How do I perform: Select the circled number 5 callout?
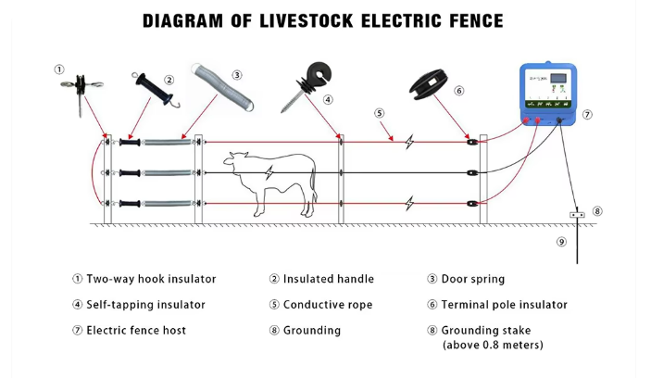pyautogui.click(x=380, y=113)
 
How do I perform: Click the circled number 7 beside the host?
pyautogui.click(x=587, y=115)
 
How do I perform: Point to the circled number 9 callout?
pyautogui.click(x=561, y=242)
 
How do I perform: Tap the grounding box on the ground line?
pyautogui.click(x=576, y=215)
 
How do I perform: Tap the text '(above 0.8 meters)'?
pyautogui.click(x=492, y=346)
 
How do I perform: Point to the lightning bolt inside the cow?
pyautogui.click(x=269, y=173)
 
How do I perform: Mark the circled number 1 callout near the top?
pyautogui.click(x=59, y=69)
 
